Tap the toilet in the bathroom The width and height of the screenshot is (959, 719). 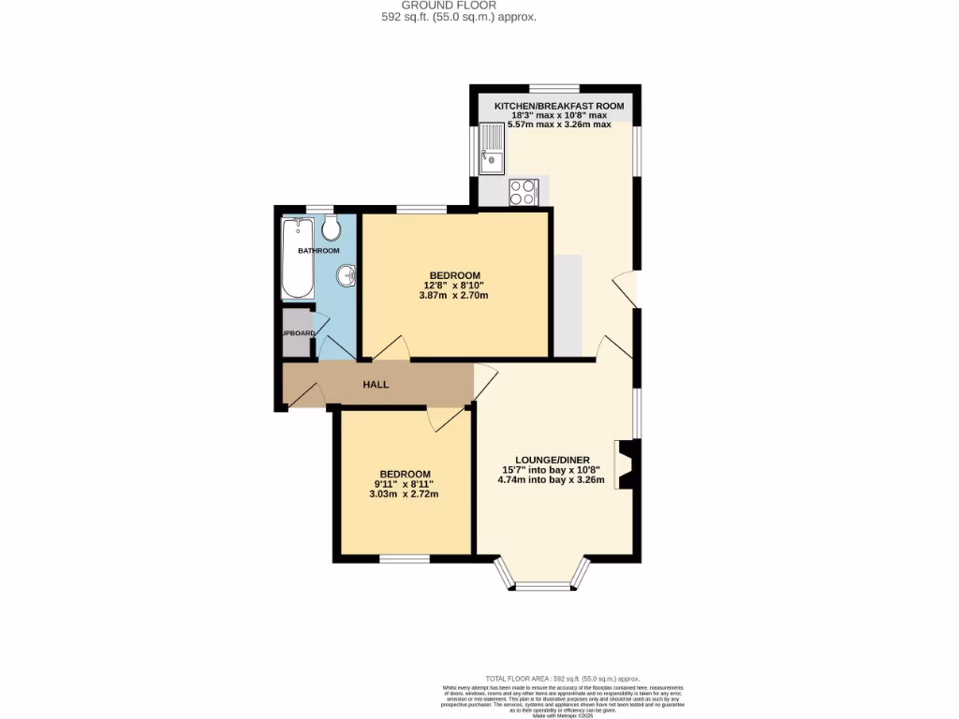point(329,227)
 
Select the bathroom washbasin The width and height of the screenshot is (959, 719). point(347,275)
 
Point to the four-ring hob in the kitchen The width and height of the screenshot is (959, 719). point(523,192)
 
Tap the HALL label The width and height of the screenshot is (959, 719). point(376,385)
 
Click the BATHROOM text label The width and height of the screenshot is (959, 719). point(318,251)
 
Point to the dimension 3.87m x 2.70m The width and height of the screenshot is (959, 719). point(453,295)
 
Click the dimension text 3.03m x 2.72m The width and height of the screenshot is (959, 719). point(405,494)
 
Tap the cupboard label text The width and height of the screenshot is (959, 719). point(299,332)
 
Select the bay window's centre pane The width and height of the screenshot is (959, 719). point(544,587)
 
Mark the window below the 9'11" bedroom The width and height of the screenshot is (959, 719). point(405,559)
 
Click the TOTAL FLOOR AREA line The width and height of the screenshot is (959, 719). point(562,678)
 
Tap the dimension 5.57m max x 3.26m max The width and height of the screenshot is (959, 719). point(559,124)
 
